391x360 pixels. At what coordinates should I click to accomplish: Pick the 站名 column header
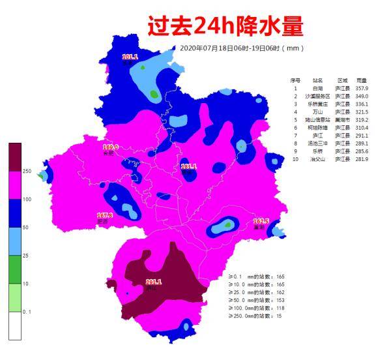click(317, 80)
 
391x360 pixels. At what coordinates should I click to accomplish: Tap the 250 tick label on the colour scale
click(27, 172)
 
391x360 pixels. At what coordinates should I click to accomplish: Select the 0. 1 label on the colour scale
click(27, 312)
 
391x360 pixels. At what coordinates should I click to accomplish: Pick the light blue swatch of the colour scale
click(15, 241)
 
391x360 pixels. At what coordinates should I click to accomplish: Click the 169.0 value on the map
click(111, 147)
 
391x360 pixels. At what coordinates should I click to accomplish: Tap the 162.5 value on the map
click(261, 222)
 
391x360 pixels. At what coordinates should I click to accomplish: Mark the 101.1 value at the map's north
click(130, 57)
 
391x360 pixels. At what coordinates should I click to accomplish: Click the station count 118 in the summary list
click(281, 308)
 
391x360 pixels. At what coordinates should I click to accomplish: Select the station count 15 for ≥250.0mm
click(280, 316)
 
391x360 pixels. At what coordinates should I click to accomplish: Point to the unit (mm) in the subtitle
click(296, 48)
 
